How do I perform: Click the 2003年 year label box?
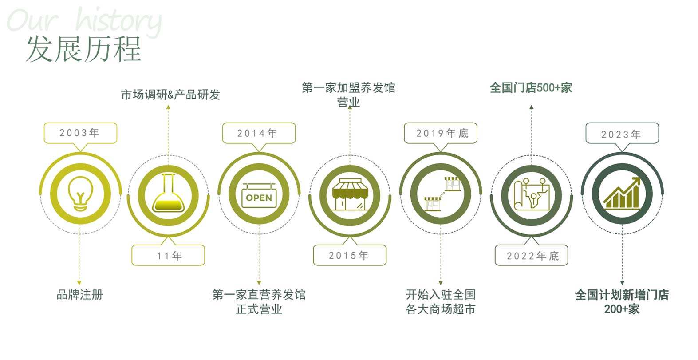[x=80, y=133]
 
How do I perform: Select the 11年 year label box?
[x=168, y=256]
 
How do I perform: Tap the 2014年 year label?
[x=258, y=133]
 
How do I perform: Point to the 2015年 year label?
[x=349, y=255]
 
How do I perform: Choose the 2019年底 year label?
[x=441, y=133]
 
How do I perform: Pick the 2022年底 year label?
[x=531, y=256]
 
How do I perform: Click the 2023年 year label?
[x=622, y=134]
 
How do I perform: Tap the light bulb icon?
[x=80, y=194]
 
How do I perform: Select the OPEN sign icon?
[x=259, y=196]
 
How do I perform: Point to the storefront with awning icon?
[x=350, y=194]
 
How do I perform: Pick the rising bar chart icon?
[x=622, y=194]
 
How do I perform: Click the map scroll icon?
[x=531, y=194]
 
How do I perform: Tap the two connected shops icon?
[x=441, y=194]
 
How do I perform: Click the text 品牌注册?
[x=80, y=294]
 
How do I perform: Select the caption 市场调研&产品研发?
[x=170, y=95]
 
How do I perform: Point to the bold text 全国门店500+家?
[x=531, y=87]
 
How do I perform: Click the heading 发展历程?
[x=83, y=48]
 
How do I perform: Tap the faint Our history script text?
[x=84, y=21]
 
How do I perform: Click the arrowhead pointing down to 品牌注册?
[x=79, y=282]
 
